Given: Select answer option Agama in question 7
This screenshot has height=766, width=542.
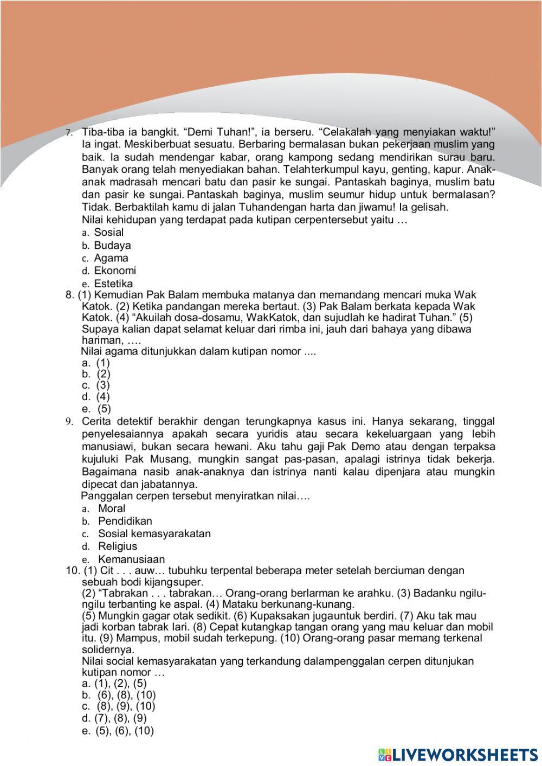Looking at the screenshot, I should click(x=111, y=258).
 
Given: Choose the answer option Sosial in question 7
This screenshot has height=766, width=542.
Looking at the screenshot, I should click(x=108, y=232).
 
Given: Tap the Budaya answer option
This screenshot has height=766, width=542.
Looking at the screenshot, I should click(x=112, y=245).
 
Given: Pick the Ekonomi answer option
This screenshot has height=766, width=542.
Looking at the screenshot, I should click(x=115, y=271).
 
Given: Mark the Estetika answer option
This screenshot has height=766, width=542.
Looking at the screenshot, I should click(x=113, y=284).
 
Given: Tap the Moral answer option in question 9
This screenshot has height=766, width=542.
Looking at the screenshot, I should click(x=111, y=508).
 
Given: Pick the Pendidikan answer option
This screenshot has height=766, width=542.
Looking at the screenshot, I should click(x=125, y=521).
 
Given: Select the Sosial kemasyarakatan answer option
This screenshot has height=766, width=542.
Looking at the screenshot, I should click(x=154, y=533).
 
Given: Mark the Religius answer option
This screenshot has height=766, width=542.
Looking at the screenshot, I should click(x=117, y=546).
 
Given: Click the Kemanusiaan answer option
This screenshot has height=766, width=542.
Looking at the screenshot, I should click(x=131, y=559).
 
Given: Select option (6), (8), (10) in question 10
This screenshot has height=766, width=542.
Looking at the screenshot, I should click(x=126, y=695).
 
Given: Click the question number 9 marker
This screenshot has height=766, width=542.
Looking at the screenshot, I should click(x=69, y=422).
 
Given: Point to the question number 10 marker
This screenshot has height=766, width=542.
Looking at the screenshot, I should click(x=73, y=570).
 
